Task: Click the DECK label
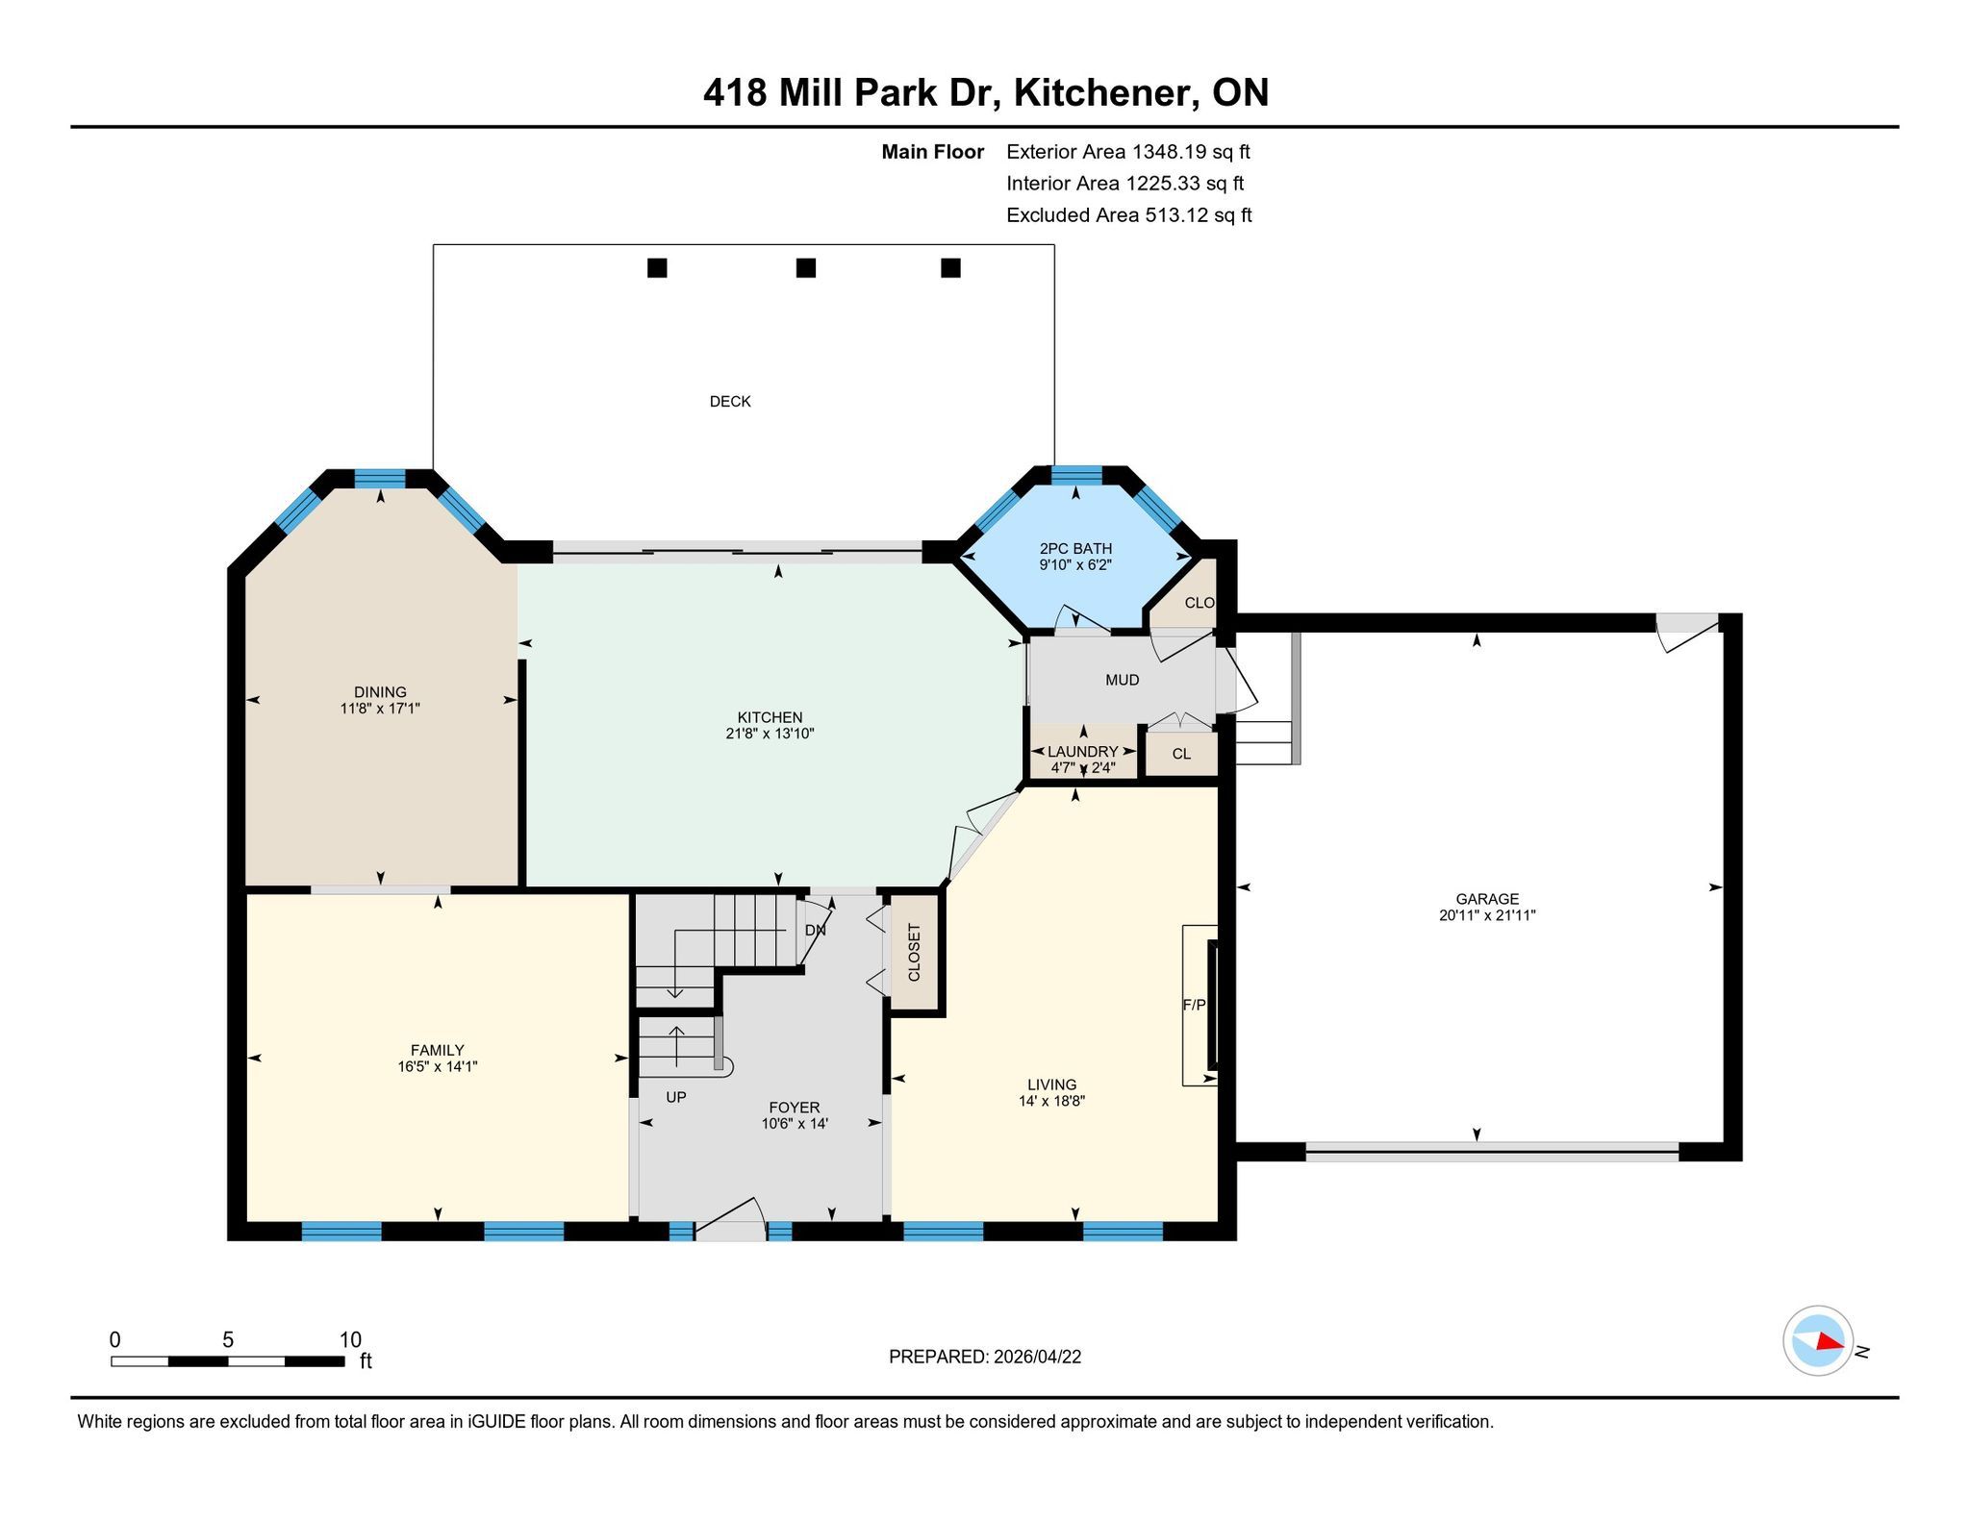point(730,402)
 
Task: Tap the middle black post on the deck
point(806,268)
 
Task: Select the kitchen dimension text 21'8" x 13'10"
point(770,734)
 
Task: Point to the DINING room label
point(380,692)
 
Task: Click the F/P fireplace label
point(1194,1005)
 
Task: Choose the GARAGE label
point(1487,900)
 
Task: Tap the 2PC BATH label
point(1075,549)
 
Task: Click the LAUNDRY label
point(1083,752)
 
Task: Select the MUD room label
point(1123,681)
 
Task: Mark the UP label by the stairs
point(676,1097)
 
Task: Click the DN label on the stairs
point(815,931)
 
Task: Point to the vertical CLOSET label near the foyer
point(915,953)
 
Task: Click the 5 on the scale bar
point(228,1340)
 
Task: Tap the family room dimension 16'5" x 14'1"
point(438,1066)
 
